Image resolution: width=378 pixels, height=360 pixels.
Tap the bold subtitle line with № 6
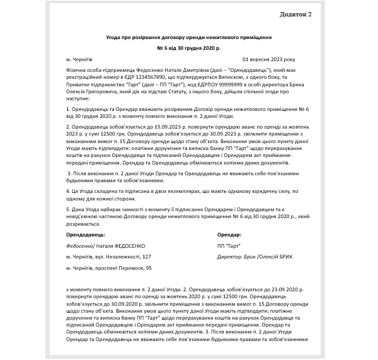pos(188,48)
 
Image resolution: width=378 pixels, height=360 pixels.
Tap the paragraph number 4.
pos(67,189)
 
